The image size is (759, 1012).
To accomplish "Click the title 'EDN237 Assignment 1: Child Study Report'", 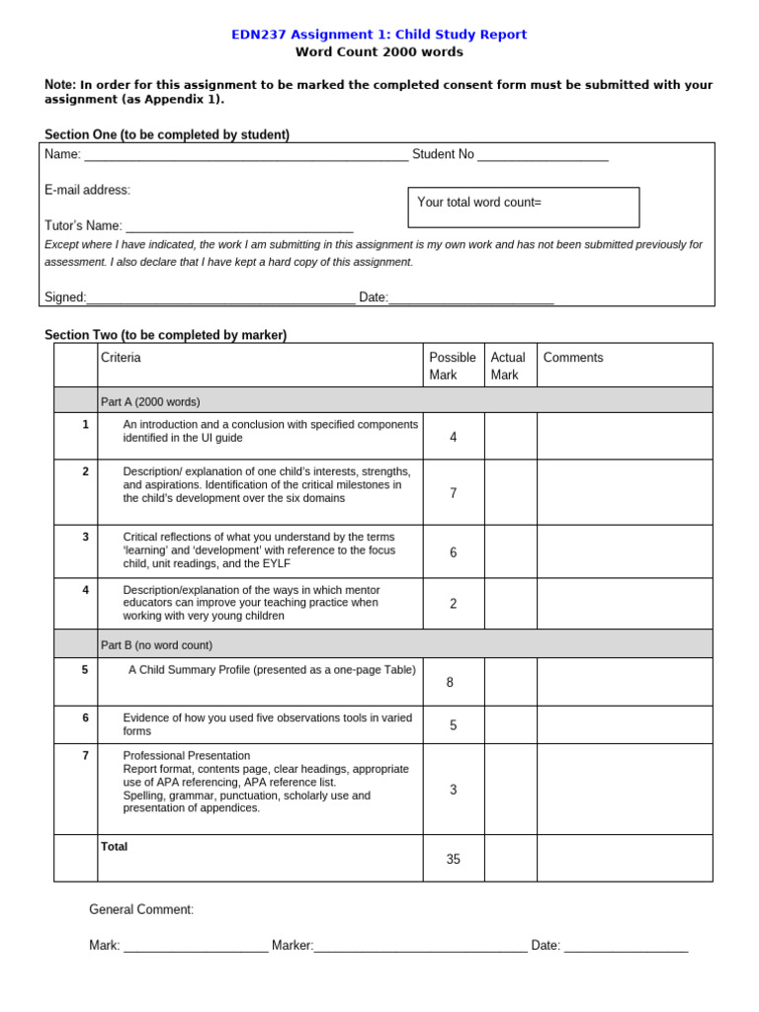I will pyautogui.click(x=379, y=35).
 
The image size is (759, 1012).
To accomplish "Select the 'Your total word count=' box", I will pyautogui.click(x=523, y=207).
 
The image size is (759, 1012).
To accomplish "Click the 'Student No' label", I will pyautogui.click(x=443, y=154).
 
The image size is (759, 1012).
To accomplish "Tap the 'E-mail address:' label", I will pyautogui.click(x=87, y=190).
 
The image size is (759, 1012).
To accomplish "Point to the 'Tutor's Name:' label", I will pyautogui.click(x=84, y=226).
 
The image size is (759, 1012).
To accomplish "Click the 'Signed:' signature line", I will pyautogui.click(x=220, y=297).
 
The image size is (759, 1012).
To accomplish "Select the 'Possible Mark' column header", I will pyautogui.click(x=453, y=366).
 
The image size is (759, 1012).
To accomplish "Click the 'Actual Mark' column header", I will pyautogui.click(x=508, y=366).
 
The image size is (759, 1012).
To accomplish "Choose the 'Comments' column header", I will pyautogui.click(x=573, y=358).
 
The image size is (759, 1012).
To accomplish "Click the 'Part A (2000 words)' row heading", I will pyautogui.click(x=150, y=402).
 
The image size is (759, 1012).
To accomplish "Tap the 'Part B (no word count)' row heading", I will pyautogui.click(x=156, y=645).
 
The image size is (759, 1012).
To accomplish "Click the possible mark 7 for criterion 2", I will pyautogui.click(x=453, y=493).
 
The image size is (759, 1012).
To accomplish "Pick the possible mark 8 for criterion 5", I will pyautogui.click(x=450, y=683).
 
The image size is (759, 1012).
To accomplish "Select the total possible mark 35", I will pyautogui.click(x=453, y=860).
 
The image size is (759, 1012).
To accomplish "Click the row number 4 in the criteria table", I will pyautogui.click(x=85, y=590).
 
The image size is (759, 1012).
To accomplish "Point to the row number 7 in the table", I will pyautogui.click(x=85, y=756).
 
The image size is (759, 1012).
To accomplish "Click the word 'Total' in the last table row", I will pyautogui.click(x=114, y=847).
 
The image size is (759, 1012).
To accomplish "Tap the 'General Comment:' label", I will pyautogui.click(x=141, y=909).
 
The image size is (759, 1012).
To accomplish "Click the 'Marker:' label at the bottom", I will pyautogui.click(x=293, y=946).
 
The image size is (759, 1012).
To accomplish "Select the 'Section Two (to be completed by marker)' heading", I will pyautogui.click(x=165, y=335).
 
